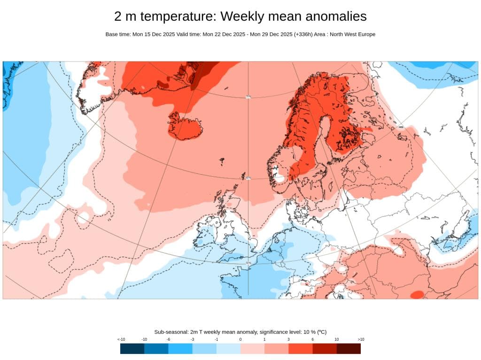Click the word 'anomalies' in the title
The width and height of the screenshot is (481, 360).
(x=336, y=16)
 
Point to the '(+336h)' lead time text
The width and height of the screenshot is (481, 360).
(x=305, y=34)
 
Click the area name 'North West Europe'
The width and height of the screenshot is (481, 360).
(x=352, y=34)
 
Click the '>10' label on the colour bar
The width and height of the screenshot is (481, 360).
(x=361, y=339)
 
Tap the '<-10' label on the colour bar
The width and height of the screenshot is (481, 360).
(x=121, y=339)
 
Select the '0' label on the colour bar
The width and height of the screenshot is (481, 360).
(x=240, y=339)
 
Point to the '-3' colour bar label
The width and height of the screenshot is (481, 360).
(x=193, y=339)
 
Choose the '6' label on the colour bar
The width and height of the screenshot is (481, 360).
(x=312, y=339)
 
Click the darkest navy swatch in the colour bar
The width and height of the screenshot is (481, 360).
(x=132, y=348)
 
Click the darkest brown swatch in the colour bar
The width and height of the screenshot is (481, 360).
(x=349, y=348)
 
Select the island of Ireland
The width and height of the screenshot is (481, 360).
(x=207, y=233)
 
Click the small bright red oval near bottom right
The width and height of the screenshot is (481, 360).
(x=417, y=294)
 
